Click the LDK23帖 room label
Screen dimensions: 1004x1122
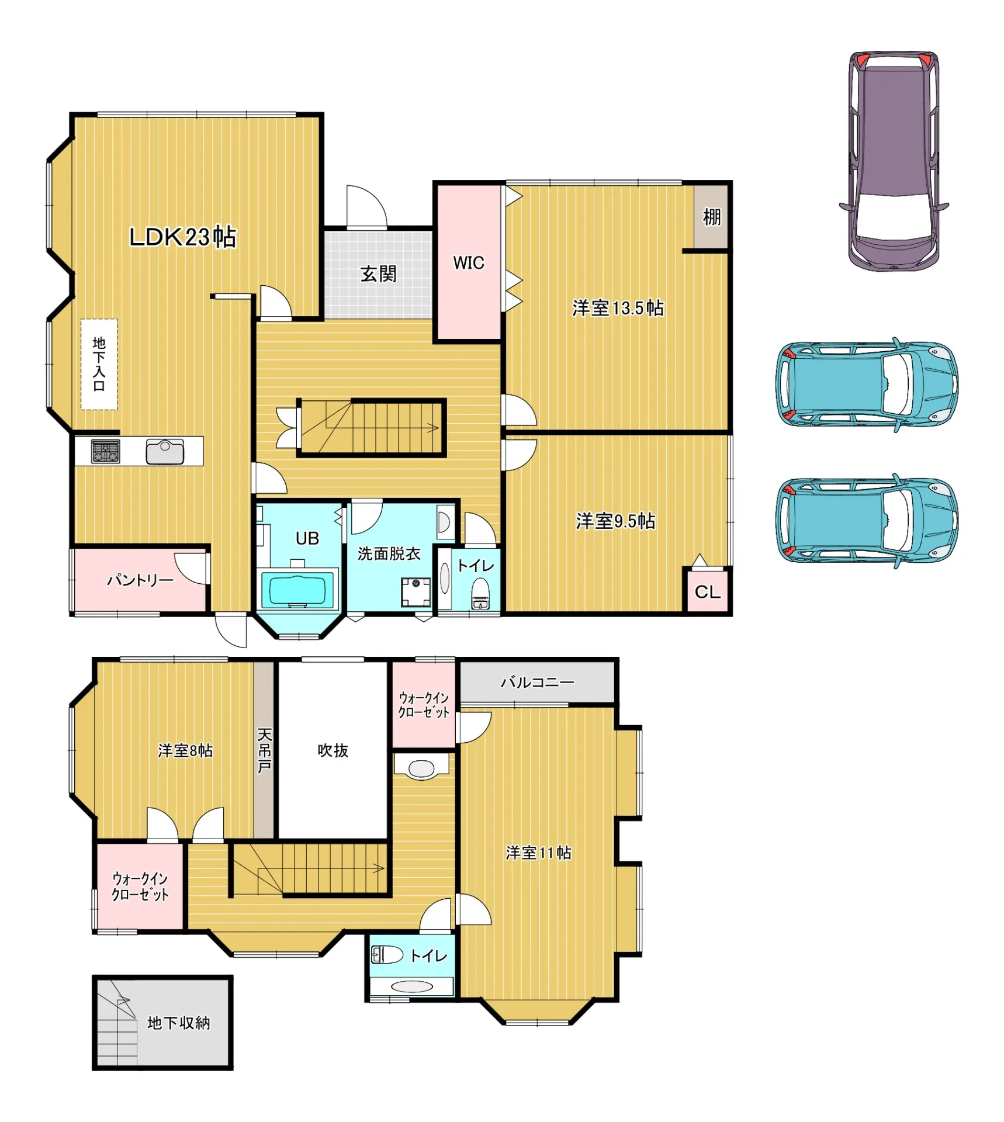182,237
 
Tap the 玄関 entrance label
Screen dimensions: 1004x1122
378,273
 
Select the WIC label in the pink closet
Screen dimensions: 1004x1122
469,263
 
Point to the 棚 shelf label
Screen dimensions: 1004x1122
711,217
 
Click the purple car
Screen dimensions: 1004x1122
894,161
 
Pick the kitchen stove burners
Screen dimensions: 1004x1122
105,451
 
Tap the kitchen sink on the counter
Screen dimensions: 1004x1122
165,451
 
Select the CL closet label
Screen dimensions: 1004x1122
707,592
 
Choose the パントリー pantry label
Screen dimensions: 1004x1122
140,580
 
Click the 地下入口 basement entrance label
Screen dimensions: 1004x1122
99,363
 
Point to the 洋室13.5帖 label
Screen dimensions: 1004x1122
618,307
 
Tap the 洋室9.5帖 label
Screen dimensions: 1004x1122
615,521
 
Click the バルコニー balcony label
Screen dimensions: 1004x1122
537,682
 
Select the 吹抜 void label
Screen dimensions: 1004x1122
333,750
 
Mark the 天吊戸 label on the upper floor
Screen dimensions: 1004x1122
264,750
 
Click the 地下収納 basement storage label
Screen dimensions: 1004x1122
178,1023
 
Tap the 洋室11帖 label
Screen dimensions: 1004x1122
538,853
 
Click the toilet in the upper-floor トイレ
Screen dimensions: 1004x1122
387,955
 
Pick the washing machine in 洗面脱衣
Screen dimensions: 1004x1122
416,592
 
